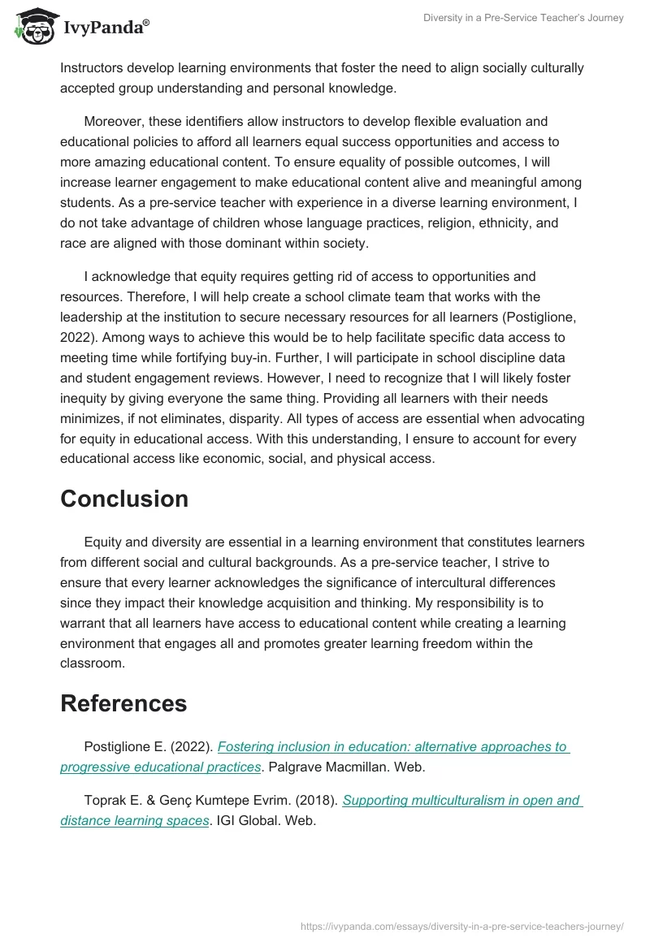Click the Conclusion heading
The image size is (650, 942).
point(124,499)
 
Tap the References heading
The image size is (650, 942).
point(123,703)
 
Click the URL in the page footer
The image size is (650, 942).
point(461,925)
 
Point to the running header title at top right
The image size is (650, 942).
point(523,18)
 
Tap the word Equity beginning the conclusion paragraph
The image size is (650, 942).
point(103,542)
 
